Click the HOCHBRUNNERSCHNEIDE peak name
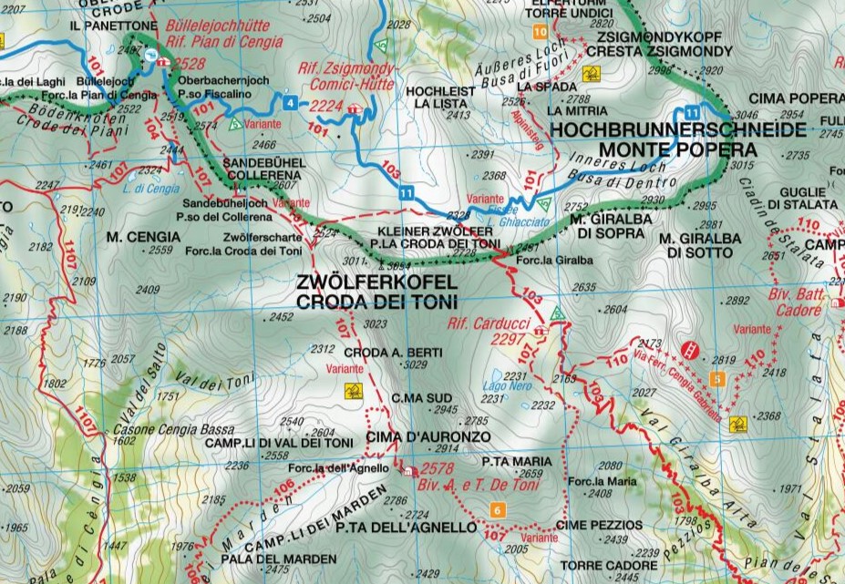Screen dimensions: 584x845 point(679,129)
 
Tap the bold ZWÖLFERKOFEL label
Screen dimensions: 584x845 point(376,283)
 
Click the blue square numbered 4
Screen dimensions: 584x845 point(290,102)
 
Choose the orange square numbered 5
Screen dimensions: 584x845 point(717,379)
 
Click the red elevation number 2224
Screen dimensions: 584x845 point(327,107)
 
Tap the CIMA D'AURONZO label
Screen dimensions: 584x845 point(416,437)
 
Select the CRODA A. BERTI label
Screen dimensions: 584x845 point(393,353)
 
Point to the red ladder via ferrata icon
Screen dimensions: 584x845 point(692,348)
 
